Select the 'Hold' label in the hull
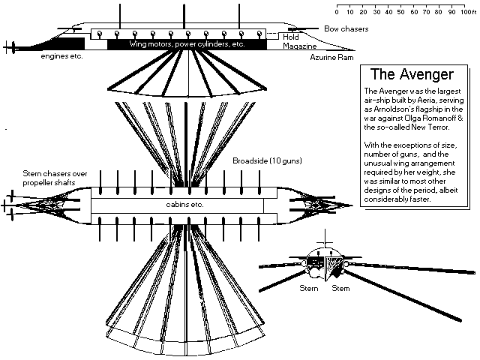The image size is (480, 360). [x=291, y=36]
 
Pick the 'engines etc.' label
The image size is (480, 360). [x=61, y=56]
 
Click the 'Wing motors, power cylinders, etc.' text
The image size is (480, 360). [x=186, y=44]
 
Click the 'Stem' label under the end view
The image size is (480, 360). [x=340, y=288]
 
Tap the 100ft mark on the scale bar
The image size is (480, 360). [x=465, y=12]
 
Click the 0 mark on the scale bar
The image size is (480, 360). [x=337, y=12]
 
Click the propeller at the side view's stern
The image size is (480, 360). [x=10, y=47]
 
